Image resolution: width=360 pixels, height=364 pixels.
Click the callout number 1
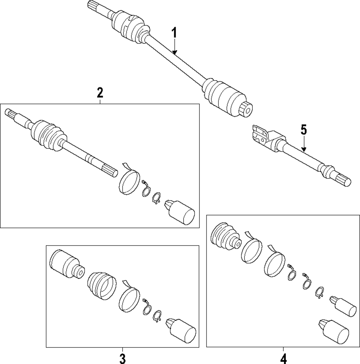pyautogui.click(x=174, y=33)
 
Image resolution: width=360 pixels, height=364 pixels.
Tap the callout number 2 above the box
pyautogui.click(x=100, y=93)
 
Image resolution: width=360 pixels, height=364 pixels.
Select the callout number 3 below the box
pyautogui.click(x=122, y=359)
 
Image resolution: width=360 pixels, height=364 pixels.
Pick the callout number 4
pyautogui.click(x=283, y=359)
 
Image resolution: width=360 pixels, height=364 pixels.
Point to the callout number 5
pyautogui.click(x=303, y=130)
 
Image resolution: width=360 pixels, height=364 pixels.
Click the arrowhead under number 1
pyautogui.click(x=174, y=53)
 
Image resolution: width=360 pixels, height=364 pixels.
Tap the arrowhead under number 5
pyautogui.click(x=303, y=150)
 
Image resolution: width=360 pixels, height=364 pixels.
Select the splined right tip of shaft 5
pyautogui.click(x=344, y=180)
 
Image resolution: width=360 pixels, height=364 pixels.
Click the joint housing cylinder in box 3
pyautogui.click(x=67, y=264)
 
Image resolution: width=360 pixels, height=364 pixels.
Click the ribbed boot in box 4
pyautogui.click(x=225, y=237)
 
